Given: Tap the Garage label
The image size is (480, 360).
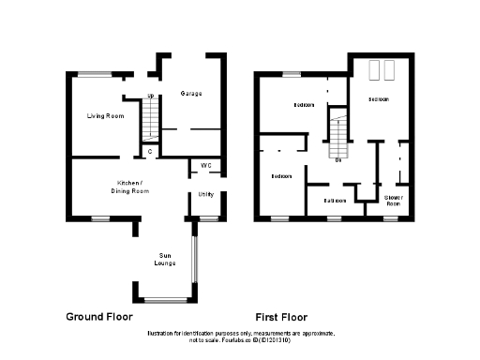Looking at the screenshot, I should pyautogui.click(x=191, y=95).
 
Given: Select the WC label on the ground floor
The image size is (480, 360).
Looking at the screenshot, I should pyautogui.click(x=205, y=166).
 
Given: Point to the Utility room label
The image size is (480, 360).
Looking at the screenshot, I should pyautogui.click(x=205, y=194).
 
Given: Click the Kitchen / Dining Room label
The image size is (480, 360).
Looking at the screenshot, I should pyautogui.click(x=128, y=186).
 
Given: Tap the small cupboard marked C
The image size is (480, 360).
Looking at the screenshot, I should pyautogui.click(x=150, y=150).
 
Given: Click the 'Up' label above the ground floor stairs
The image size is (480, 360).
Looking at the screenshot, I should pyautogui.click(x=150, y=97).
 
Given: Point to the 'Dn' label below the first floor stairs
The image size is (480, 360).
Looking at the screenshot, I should pyautogui.click(x=337, y=160).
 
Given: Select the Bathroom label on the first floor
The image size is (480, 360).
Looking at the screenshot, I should pyautogui.click(x=336, y=201).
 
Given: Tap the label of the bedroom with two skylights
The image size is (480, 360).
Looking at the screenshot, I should pyautogui.click(x=379, y=98).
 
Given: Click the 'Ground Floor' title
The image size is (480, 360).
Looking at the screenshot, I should pyautogui.click(x=97, y=317).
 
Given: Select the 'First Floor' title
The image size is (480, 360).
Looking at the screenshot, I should pyautogui.click(x=281, y=317).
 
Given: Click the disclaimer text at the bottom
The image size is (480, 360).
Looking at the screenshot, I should pyautogui.click(x=239, y=337).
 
